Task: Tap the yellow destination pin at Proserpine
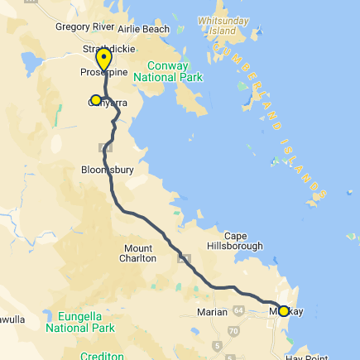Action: click(103, 60)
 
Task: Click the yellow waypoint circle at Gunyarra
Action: click(96, 101)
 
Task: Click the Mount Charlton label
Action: click(139, 252)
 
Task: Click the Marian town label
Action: click(212, 312)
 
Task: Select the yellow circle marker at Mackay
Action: click(284, 311)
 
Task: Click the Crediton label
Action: click(102, 356)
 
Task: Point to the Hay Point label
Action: click(307, 357)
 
